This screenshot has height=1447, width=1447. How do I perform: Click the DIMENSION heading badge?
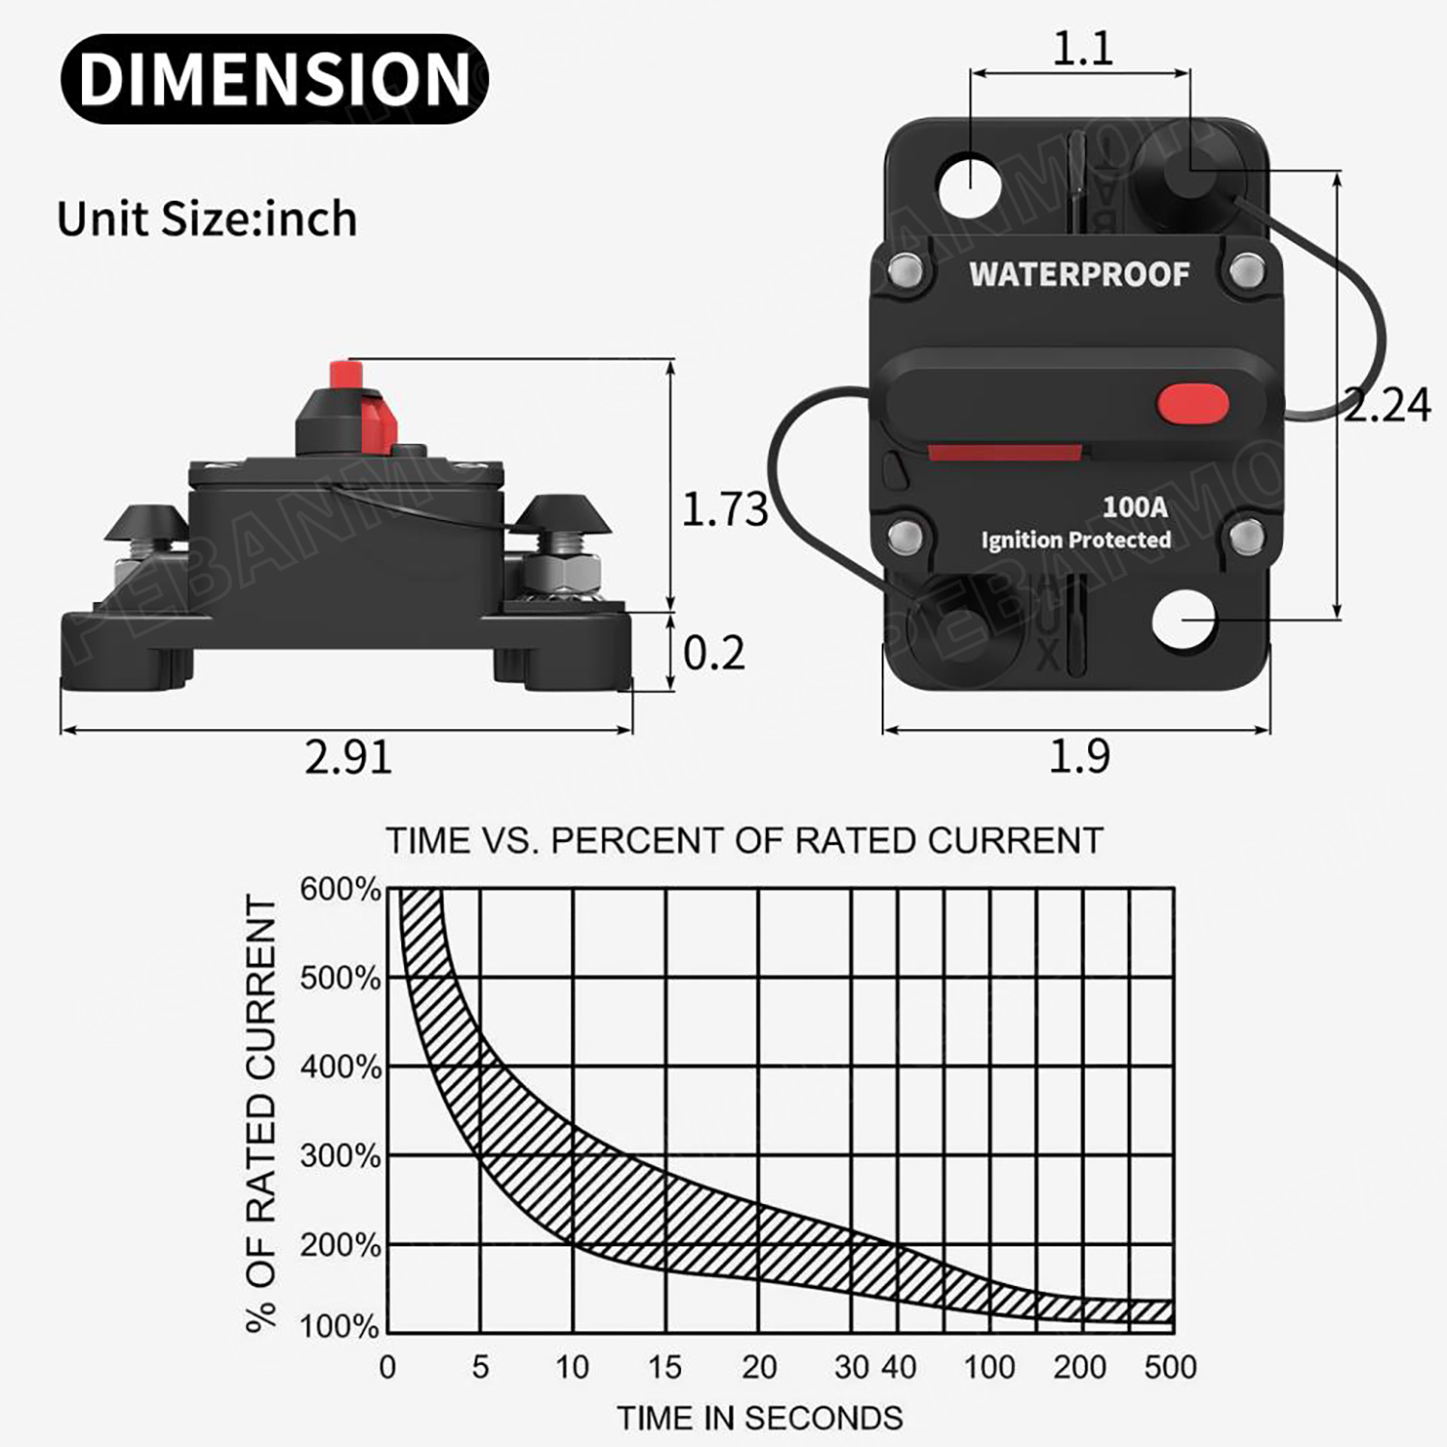[x=274, y=78]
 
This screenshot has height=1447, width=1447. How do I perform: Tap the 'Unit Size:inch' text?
[x=206, y=219]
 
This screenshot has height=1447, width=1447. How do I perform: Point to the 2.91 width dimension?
[x=348, y=757]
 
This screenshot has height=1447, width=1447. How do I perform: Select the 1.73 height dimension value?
[x=724, y=509]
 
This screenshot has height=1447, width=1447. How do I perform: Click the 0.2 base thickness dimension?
[x=714, y=654]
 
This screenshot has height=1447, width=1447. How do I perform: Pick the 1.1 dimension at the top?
[x=1081, y=48]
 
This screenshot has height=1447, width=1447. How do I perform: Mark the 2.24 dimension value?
[x=1387, y=405]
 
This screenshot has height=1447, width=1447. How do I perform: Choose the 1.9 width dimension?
[x=1078, y=757]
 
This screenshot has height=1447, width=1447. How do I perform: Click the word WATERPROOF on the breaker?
[x=1078, y=275]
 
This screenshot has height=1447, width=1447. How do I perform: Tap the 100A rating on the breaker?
[x=1134, y=506]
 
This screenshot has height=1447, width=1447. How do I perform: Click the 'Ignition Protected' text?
[x=1076, y=540]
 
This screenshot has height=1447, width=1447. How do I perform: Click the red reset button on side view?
[x=344, y=373]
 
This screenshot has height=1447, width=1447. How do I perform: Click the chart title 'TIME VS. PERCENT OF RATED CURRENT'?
[x=744, y=841]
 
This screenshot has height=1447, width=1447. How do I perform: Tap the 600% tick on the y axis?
[x=340, y=889]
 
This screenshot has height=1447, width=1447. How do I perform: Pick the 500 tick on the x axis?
[x=1169, y=1368]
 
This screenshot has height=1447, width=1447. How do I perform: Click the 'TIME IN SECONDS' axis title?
[x=759, y=1418]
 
